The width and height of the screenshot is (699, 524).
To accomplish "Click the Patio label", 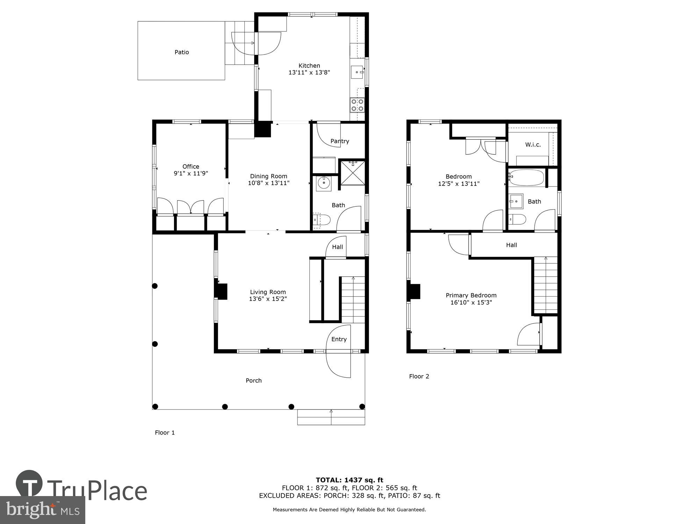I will coord(182,52).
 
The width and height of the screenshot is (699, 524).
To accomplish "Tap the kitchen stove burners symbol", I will coord(357,105).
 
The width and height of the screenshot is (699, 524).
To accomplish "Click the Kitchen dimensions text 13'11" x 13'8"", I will coord(309,73).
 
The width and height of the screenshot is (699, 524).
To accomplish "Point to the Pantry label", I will coord(340,141).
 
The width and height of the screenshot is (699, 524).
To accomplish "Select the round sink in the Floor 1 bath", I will coord(324,183).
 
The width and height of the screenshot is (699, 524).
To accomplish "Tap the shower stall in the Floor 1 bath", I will coord(352,173).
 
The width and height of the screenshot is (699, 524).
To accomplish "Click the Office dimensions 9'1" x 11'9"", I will coord(191,173).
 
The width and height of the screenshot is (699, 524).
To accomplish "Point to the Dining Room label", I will coord(268,176).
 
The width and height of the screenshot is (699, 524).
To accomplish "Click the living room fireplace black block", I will coord(222,291).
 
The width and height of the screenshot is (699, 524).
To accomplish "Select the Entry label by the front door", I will coord(339,339).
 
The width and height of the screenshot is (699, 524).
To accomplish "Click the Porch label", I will coord(253,380).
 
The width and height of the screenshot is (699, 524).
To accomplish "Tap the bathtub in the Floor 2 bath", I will coord(527,178).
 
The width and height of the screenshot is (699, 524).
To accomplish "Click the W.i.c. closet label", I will coord(533,145).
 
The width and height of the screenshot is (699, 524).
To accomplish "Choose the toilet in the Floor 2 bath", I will coord(518,219).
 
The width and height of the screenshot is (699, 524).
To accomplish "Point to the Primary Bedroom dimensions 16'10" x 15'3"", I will coord(471,303).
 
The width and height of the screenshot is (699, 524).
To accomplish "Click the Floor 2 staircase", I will coord(545,285).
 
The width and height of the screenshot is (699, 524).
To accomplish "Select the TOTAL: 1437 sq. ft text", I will coord(349,480).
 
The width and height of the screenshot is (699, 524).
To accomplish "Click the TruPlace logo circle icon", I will coord(29,484).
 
